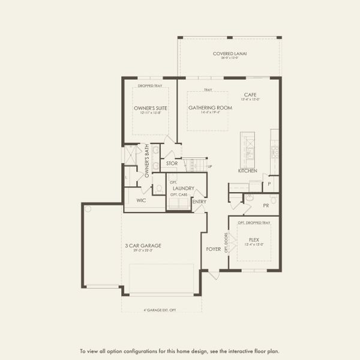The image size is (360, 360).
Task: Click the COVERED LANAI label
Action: (230, 53)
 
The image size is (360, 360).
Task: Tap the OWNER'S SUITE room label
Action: (151, 108)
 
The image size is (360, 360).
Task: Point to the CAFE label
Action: (251, 95)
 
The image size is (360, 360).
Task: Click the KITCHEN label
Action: (248, 171)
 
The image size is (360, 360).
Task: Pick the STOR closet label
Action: (172, 163)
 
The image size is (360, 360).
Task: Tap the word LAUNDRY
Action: (183, 188)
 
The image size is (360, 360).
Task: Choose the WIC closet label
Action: (142, 200)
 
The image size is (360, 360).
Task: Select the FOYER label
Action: (214, 247)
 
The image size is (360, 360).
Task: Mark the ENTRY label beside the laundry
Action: (199, 202)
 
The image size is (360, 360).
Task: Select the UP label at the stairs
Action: (209, 166)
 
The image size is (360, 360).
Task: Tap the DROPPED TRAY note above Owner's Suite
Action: (150, 86)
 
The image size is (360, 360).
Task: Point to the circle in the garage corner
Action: (88, 209)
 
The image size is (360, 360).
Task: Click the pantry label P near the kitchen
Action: (269, 184)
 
